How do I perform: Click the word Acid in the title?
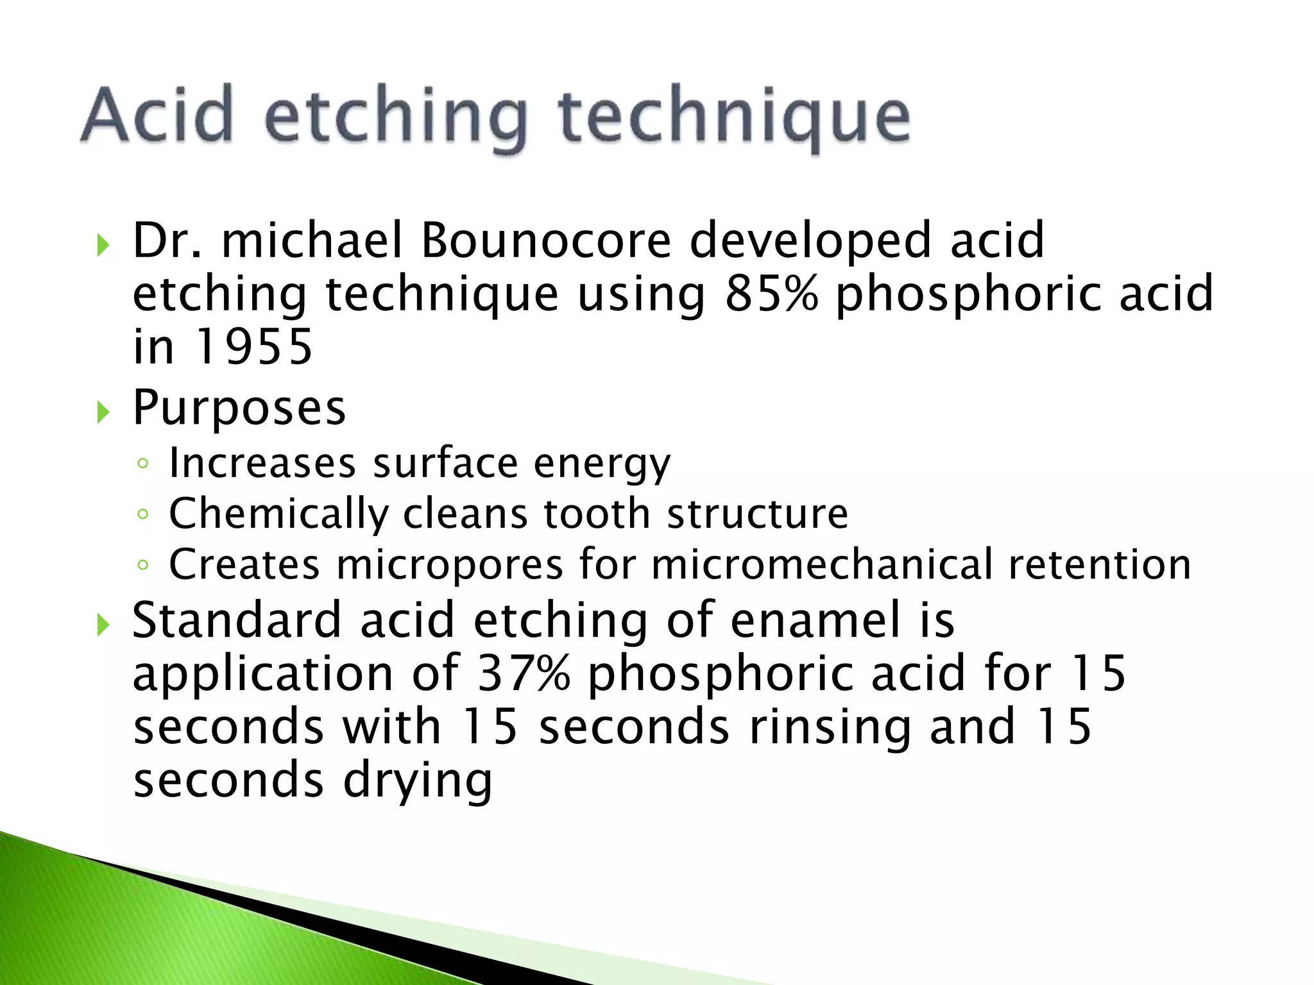(x=157, y=115)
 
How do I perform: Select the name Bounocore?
(x=546, y=240)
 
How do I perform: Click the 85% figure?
(x=772, y=294)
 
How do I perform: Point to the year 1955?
(x=253, y=347)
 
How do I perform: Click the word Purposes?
(x=239, y=408)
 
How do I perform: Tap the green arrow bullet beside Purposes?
(x=103, y=412)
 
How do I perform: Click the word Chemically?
(x=278, y=514)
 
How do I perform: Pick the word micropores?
(x=449, y=564)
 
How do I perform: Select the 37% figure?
(x=524, y=673)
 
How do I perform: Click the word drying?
(x=417, y=781)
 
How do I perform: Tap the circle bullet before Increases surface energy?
(x=143, y=464)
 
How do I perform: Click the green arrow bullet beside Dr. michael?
(x=103, y=244)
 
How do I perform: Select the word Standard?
(x=236, y=620)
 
